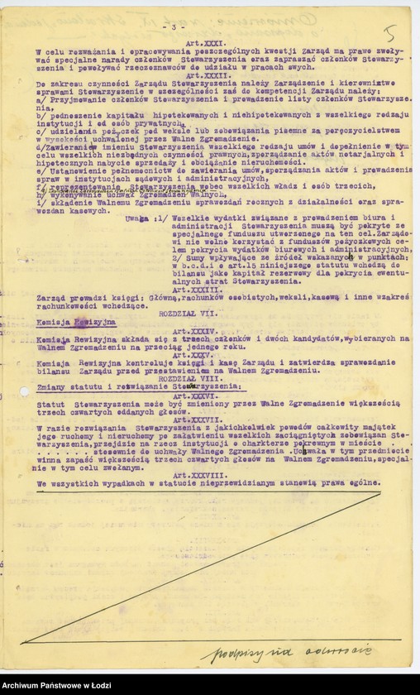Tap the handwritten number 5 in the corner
tap(391, 33)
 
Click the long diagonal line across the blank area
tap(203, 567)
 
